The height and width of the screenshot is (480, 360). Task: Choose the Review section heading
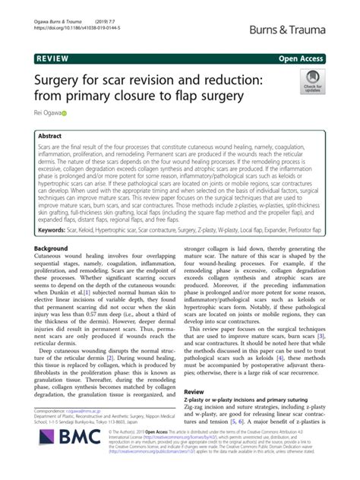pos(195,390)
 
